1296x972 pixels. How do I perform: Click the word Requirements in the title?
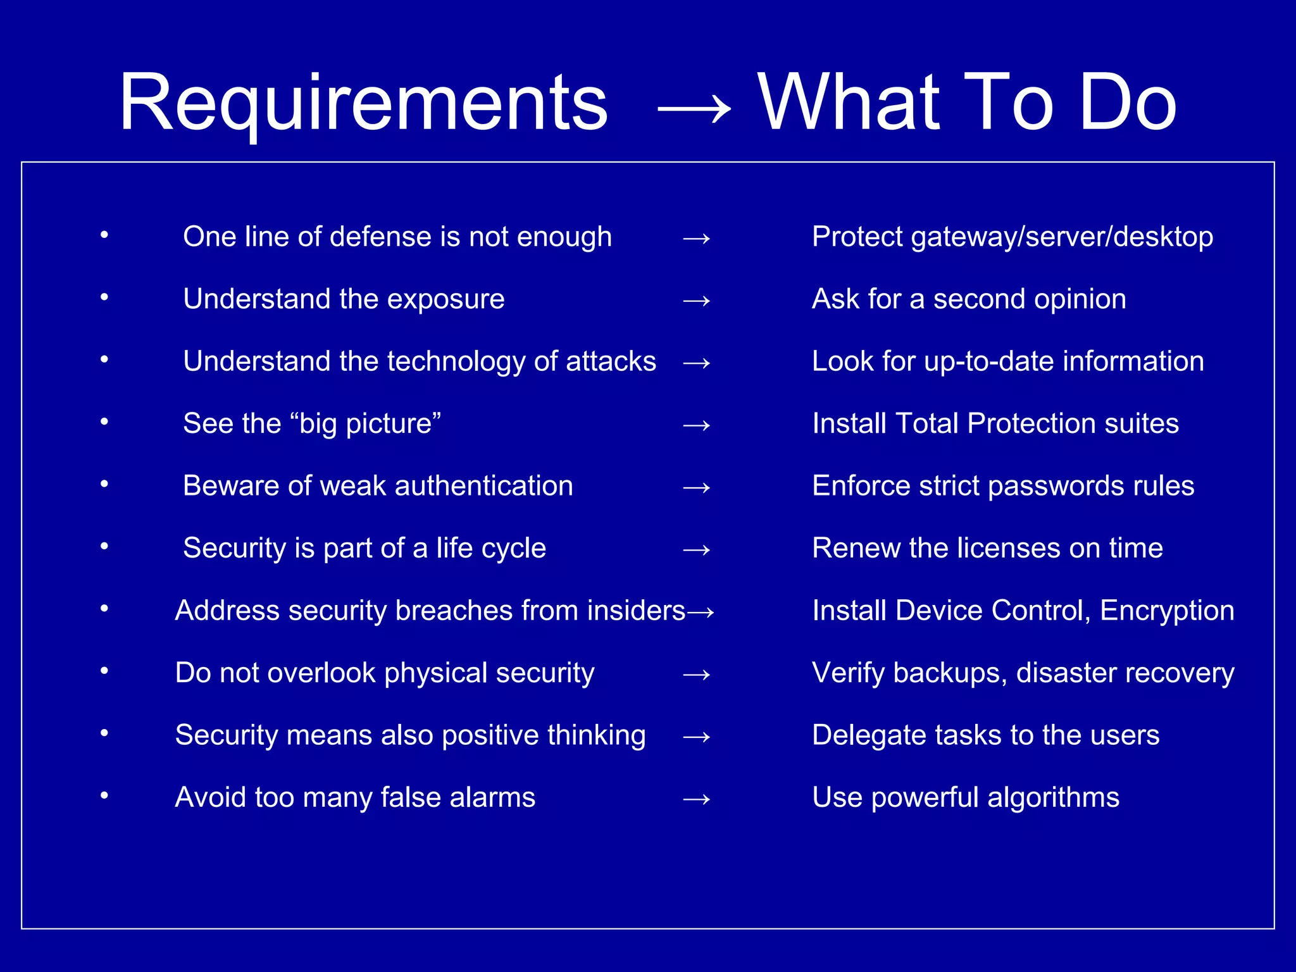click(x=363, y=103)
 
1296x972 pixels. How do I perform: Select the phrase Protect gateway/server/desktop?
click(x=1012, y=237)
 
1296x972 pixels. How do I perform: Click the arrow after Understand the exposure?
click(x=696, y=301)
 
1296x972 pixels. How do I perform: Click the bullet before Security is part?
click(x=104, y=546)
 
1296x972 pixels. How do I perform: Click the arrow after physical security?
click(x=696, y=675)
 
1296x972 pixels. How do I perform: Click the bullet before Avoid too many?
click(x=104, y=795)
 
